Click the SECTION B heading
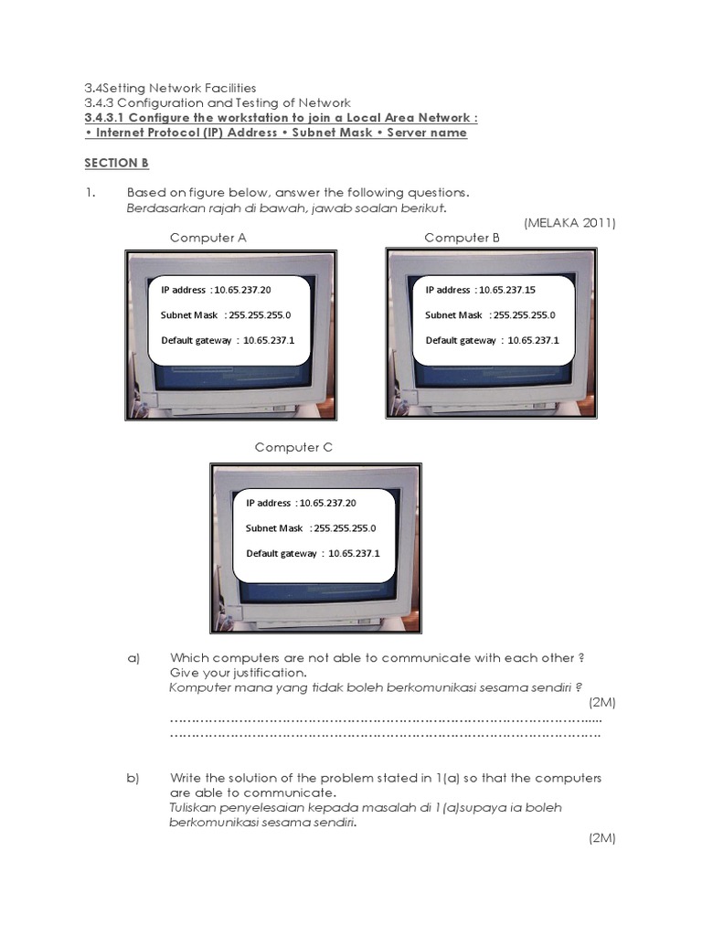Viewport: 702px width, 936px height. [x=116, y=163]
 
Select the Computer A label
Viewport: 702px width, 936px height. [x=208, y=238]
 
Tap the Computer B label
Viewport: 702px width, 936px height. [x=463, y=238]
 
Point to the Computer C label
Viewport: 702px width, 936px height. [x=293, y=447]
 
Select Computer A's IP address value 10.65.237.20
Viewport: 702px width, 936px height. [x=242, y=290]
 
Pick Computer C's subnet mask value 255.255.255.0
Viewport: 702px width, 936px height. [x=344, y=528]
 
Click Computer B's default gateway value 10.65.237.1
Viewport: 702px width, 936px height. [x=533, y=340]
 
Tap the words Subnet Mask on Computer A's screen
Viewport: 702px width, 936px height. [x=189, y=315]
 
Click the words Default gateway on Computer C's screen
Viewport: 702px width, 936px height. [x=282, y=553]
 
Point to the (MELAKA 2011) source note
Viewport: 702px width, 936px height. [x=569, y=223]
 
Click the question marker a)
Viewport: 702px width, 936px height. [x=133, y=658]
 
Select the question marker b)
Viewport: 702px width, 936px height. [x=133, y=778]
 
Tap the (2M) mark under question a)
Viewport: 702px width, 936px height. [x=602, y=702]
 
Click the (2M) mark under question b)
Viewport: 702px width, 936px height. [x=602, y=837]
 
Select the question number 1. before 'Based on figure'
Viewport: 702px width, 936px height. [x=90, y=193]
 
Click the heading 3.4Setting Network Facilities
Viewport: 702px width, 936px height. [x=170, y=88]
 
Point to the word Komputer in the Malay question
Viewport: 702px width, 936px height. [x=200, y=687]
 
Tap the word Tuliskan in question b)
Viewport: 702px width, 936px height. [x=195, y=808]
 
